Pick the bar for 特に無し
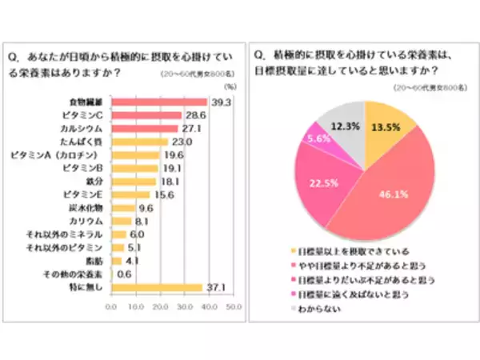(156, 286)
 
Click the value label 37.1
(214, 286)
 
